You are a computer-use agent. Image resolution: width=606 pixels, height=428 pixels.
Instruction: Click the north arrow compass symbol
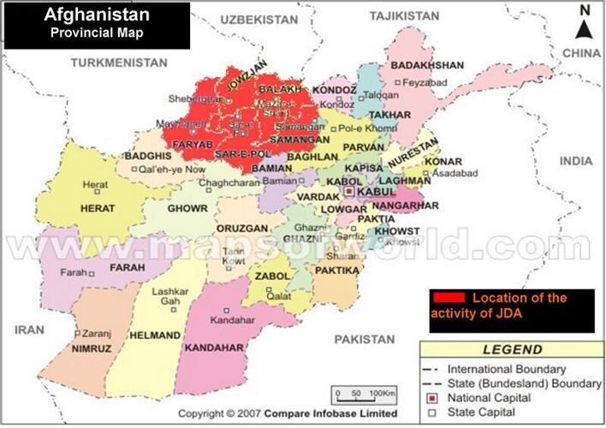[x=585, y=24]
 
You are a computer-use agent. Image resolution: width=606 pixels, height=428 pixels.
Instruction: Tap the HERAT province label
[x=98, y=208]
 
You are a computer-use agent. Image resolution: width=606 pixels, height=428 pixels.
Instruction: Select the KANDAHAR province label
[x=213, y=348]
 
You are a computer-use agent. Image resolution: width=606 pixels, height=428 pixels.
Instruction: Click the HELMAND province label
[x=155, y=335]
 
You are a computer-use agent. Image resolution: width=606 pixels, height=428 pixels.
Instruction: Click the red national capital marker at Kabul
[x=349, y=193]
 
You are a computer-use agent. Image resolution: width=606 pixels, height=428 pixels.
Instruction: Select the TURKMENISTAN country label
[x=118, y=62]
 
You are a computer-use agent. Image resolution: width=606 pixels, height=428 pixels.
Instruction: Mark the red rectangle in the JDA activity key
[x=449, y=298]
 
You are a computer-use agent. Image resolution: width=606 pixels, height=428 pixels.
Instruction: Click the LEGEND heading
[x=512, y=350]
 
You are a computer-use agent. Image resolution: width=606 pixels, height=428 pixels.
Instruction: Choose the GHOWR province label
[x=187, y=208]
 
